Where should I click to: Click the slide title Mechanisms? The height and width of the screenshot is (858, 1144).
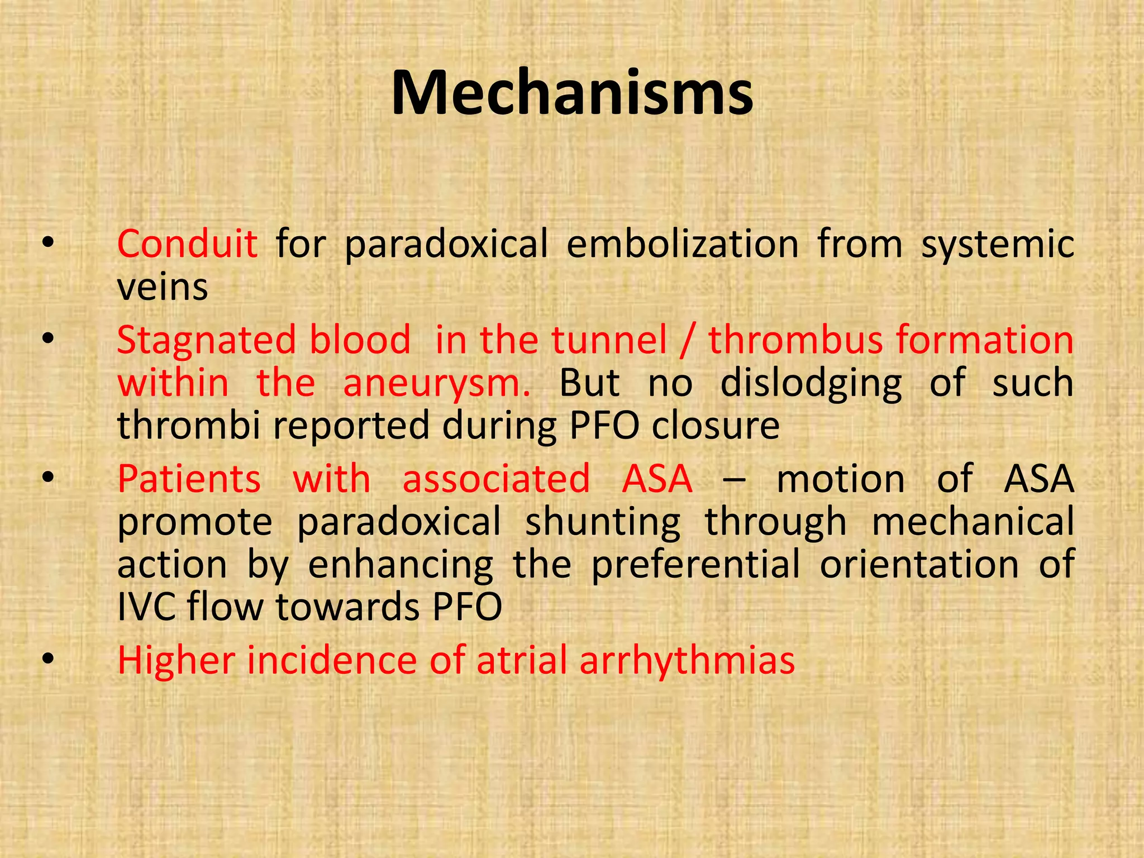[x=572, y=93]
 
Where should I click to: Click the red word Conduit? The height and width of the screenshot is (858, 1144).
[x=187, y=244]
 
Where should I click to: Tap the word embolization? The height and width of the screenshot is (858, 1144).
[x=683, y=244]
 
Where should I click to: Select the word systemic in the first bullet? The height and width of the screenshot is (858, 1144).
[x=998, y=245]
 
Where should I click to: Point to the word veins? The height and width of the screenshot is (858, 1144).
[x=163, y=288]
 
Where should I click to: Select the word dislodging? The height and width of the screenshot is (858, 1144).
[x=811, y=384]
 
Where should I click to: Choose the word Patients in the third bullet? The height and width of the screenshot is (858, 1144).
[x=189, y=479]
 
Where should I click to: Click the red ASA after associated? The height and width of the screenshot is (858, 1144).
[x=657, y=479]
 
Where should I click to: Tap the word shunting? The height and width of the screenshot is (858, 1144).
[x=603, y=523]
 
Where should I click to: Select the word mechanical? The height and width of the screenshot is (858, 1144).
[x=973, y=522]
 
